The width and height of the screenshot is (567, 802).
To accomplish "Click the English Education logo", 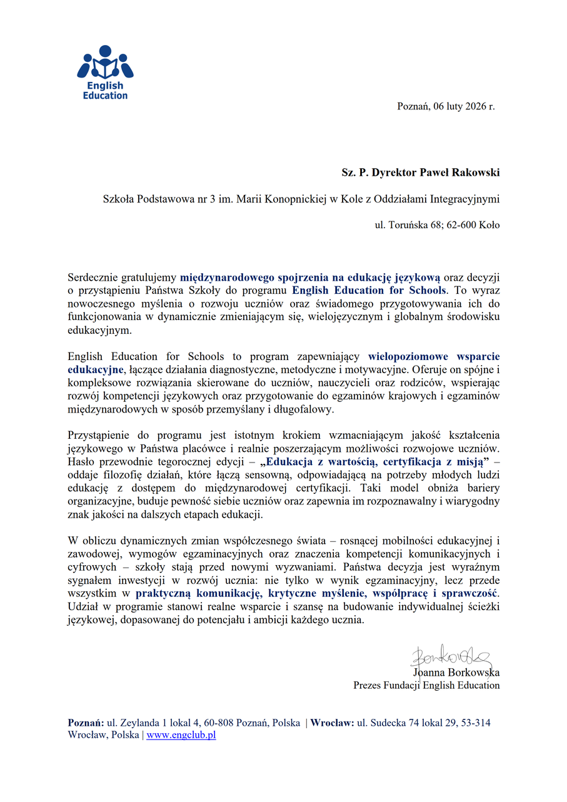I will (105, 73).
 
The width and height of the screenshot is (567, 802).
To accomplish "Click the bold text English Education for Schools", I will (369, 290).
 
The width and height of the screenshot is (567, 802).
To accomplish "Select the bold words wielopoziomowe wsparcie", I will (434, 357).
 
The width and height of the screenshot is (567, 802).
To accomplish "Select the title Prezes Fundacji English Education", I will (426, 685).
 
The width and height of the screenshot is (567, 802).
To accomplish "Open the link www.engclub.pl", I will (181, 735).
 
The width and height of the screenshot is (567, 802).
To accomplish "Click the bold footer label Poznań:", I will (86, 723).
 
